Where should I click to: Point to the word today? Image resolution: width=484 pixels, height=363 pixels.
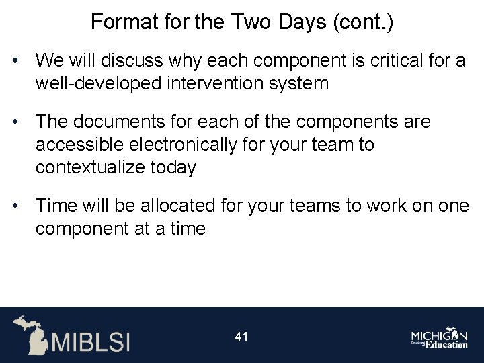(174, 166)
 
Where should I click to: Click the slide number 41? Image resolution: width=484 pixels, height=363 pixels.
(242, 336)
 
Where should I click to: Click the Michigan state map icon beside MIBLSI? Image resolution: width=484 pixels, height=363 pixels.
(31, 334)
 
